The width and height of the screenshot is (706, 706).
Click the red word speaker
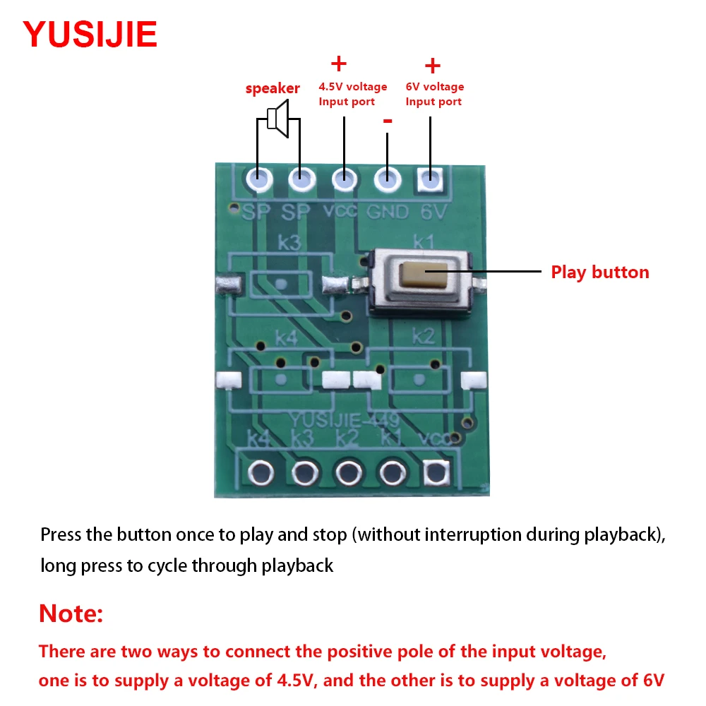click(x=273, y=88)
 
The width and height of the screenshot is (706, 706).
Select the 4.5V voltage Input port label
click(x=352, y=94)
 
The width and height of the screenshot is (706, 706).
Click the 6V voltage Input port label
click(x=434, y=94)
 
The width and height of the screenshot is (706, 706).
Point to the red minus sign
click(x=387, y=121)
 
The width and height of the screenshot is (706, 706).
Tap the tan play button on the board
click(x=417, y=274)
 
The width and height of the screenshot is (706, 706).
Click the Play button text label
click(x=599, y=273)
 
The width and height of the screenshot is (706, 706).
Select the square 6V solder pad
click(x=429, y=180)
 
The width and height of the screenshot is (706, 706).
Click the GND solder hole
click(x=386, y=179)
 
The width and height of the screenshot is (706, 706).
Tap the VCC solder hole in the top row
click(x=344, y=179)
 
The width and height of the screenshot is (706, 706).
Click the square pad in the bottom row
click(x=436, y=471)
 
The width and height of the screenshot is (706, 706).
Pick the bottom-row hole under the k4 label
click(x=261, y=471)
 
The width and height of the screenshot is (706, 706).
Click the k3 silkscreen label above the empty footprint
click(x=289, y=243)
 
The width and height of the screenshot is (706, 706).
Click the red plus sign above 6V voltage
click(x=432, y=66)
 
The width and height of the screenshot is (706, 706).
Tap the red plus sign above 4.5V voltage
click(x=339, y=64)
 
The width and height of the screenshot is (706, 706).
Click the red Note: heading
click(x=71, y=614)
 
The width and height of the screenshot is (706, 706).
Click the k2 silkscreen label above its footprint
click(x=423, y=335)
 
